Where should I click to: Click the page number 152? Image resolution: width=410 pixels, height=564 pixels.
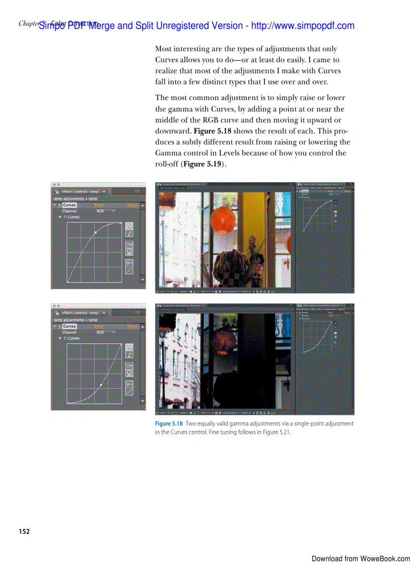point(24,531)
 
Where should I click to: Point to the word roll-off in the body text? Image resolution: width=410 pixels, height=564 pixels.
point(166,164)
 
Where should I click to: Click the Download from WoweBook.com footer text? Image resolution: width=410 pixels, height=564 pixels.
point(360,558)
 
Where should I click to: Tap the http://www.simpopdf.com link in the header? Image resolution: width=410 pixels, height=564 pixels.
point(302,26)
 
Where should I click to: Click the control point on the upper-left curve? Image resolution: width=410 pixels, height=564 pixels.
point(95,233)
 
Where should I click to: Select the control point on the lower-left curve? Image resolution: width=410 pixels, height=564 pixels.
point(101,385)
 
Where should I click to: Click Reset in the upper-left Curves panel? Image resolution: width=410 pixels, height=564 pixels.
point(99,205)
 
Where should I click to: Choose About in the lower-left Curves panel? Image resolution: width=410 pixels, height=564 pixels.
point(132,326)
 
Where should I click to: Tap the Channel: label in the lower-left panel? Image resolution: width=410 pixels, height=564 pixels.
point(69,332)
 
